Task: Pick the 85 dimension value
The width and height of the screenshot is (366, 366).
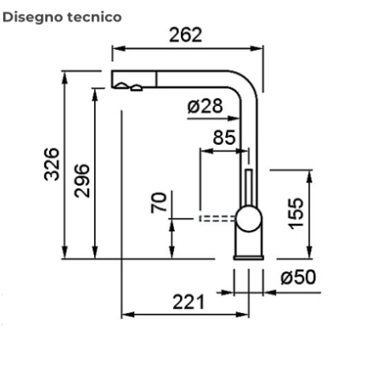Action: click(224, 138)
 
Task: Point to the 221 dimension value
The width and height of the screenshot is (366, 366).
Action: click(187, 302)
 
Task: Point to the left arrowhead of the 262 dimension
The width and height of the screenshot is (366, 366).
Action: click(115, 50)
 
